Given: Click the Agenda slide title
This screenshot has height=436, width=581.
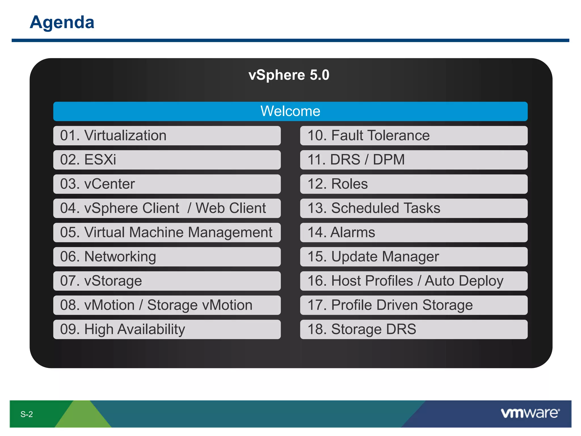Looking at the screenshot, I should (62, 22).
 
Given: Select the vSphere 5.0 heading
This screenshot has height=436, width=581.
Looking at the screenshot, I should (289, 75).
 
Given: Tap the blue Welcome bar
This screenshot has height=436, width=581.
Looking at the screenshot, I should (290, 111).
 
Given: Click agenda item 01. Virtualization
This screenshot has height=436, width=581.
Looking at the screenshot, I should (167, 135).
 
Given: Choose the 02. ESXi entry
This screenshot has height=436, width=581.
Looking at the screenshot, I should (167, 160).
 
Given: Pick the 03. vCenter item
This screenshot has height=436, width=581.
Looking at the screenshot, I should (167, 184).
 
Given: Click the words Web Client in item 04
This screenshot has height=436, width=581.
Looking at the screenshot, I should (231, 208).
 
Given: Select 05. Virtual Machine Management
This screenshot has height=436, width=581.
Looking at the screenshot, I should (167, 232).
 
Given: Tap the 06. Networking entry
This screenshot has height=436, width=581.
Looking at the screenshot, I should (167, 257).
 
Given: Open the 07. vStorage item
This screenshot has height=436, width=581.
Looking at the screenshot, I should (167, 281).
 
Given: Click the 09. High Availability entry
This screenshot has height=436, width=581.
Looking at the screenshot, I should (167, 329).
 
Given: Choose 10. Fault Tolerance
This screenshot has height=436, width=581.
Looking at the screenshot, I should (414, 135).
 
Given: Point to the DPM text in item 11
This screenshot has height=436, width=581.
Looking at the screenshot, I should (389, 160).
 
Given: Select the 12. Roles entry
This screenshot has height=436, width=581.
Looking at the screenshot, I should (414, 184).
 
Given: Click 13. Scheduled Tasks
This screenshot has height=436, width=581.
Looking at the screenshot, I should (414, 208).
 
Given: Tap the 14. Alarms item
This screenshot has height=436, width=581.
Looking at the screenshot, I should (414, 232).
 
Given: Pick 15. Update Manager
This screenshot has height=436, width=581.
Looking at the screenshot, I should (414, 257).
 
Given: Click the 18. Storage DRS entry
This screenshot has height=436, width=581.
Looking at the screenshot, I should (414, 329).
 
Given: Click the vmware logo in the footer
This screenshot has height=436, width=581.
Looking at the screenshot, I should (530, 413).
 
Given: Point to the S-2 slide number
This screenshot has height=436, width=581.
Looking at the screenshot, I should (27, 414).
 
